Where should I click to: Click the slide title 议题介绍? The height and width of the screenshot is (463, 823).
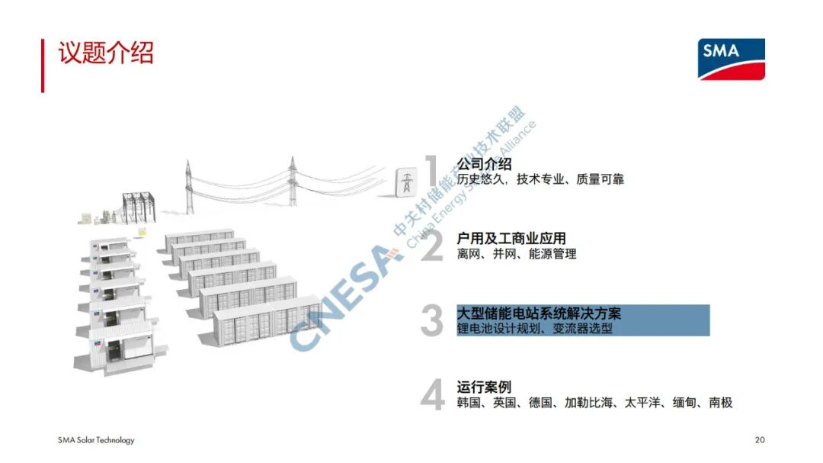(x=106, y=53)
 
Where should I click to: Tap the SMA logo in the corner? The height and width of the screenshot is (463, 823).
(x=731, y=59)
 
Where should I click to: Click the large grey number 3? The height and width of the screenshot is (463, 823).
(x=432, y=321)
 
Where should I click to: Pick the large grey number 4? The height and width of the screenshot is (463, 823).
(x=432, y=396)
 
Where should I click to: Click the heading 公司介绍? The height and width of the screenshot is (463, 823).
(x=484, y=163)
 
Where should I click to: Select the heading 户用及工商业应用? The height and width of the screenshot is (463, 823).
(x=511, y=238)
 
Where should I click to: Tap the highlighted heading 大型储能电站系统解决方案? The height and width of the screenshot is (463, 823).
(x=539, y=313)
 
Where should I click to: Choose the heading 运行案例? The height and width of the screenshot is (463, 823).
(x=484, y=387)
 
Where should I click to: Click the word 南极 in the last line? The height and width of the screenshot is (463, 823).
(x=720, y=403)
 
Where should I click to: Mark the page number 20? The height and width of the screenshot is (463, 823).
(x=759, y=440)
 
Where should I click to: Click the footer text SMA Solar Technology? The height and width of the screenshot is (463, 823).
(x=96, y=440)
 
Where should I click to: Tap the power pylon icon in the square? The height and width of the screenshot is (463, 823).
(x=408, y=183)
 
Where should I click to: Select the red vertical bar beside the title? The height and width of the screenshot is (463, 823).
(x=43, y=66)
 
